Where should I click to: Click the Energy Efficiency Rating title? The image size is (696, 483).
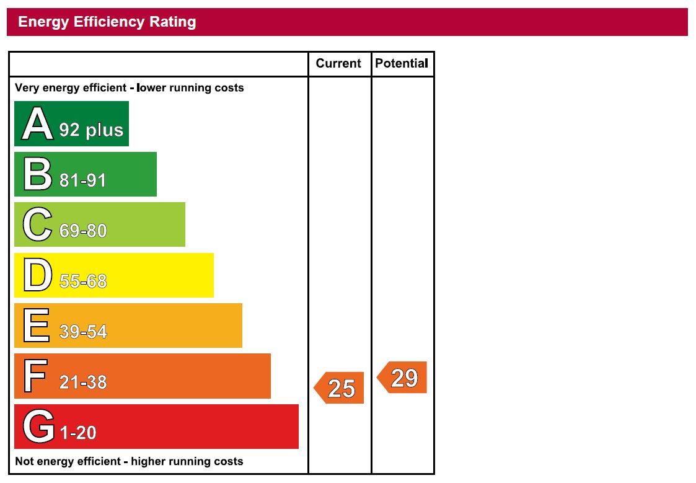(x=107, y=22)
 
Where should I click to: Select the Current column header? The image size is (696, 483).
(x=338, y=63)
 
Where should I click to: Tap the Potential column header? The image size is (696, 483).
(x=402, y=63)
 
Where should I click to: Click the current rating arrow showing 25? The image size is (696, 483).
(x=340, y=388)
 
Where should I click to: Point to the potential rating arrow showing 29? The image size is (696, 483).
(x=403, y=378)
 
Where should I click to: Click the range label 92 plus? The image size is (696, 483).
(x=92, y=130)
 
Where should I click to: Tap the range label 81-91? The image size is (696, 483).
(x=83, y=180)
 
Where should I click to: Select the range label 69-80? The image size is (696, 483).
(x=83, y=231)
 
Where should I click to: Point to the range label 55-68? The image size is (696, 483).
(x=83, y=281)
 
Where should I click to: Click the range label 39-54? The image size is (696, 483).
(x=83, y=332)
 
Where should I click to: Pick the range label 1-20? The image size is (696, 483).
(x=78, y=433)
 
